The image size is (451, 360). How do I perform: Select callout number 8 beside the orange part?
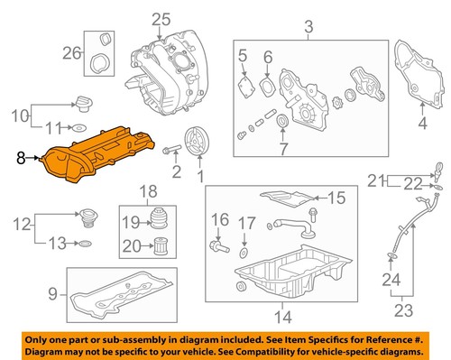click(x=21, y=158)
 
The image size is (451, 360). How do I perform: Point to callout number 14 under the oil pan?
click(x=282, y=316)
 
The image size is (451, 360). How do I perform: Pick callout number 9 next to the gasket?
click(x=53, y=291)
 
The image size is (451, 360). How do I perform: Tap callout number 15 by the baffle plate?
click(x=336, y=198)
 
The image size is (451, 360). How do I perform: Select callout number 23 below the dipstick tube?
click(x=392, y=311)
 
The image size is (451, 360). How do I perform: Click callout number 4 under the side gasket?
click(x=424, y=122)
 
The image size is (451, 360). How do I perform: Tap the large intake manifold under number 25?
click(x=171, y=77)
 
